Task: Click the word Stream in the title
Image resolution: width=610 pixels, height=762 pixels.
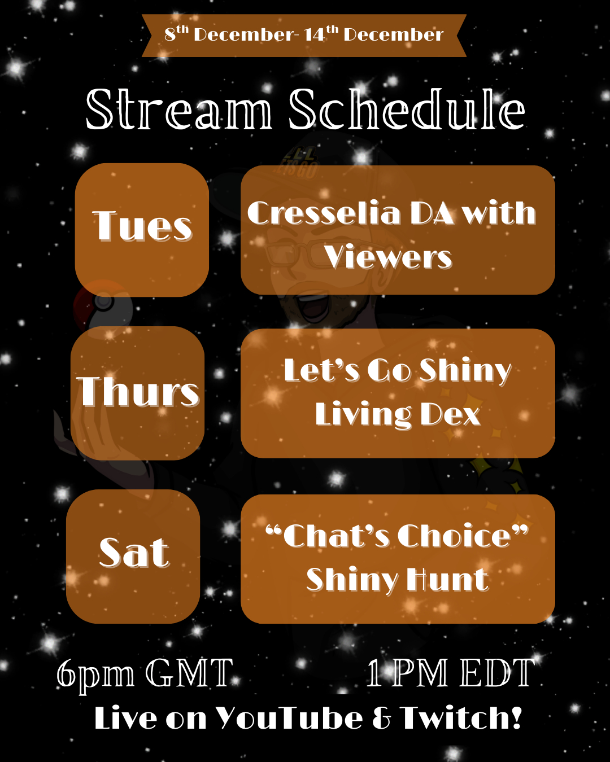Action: coord(178,110)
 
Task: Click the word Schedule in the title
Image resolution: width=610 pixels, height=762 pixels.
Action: coord(407,109)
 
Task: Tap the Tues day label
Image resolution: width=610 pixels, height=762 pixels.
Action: coord(142,226)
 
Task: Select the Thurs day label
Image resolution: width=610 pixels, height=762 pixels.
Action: coord(138,391)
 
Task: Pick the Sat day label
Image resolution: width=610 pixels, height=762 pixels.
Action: coord(134,553)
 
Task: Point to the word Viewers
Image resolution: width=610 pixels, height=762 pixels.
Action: coord(388,257)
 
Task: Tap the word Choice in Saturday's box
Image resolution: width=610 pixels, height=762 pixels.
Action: coord(454,536)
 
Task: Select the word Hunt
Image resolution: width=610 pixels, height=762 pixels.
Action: coord(448,579)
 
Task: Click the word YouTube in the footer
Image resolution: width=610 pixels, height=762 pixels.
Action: coord(289,718)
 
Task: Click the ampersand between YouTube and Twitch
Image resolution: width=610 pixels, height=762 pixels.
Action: coord(381,719)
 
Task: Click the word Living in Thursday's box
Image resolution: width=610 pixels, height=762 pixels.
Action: coord(363,415)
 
